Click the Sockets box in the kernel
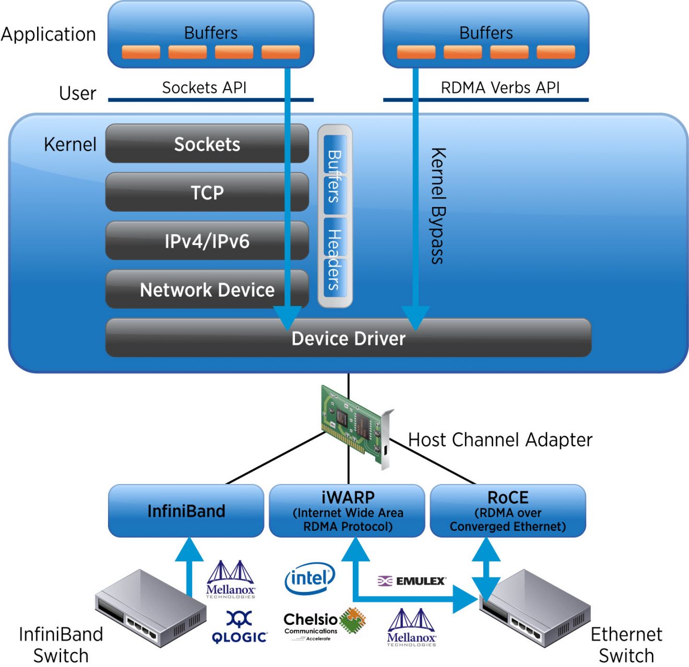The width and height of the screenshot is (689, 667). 207,144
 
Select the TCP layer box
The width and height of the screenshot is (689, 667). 207,192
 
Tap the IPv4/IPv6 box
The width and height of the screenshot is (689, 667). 207,241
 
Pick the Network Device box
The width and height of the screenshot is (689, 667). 207,289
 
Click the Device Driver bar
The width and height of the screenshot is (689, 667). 348,338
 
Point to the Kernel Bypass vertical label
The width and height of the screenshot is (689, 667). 438,205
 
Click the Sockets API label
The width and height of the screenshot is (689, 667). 204,88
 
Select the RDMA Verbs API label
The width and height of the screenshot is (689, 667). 500,88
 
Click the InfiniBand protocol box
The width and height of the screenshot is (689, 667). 186,511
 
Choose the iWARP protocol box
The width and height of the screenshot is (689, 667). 348,511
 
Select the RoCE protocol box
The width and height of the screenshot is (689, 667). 507,511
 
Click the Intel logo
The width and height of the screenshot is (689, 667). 310,578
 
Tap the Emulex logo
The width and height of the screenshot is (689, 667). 412,581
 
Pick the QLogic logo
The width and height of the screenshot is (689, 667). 240,627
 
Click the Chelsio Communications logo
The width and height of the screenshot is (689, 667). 324,624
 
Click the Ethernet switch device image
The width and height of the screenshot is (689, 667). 535,608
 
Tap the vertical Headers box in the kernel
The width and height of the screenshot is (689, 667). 335,260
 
